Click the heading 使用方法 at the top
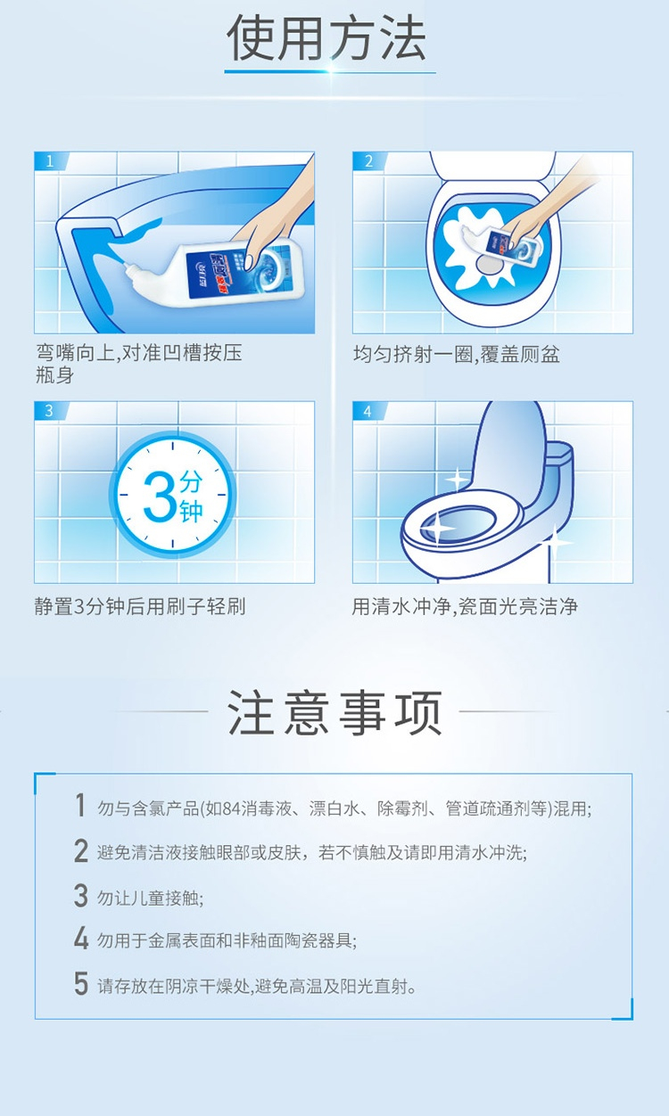tap(326, 38)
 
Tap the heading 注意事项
tap(334, 712)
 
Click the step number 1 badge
tap(49, 161)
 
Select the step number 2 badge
tap(368, 161)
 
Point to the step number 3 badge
tap(49, 411)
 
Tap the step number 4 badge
tap(368, 411)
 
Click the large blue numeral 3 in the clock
tap(160, 496)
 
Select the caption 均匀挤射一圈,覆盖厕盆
tap(457, 354)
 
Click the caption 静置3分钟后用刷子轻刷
tap(140, 607)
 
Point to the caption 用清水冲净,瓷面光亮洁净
tap(465, 607)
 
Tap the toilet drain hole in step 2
tap(489, 265)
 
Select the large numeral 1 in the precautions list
tap(79, 805)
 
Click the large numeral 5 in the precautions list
tap(81, 983)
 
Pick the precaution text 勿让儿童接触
tap(150, 899)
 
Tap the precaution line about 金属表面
tap(227, 940)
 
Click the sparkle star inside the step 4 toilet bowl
tap(437, 528)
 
